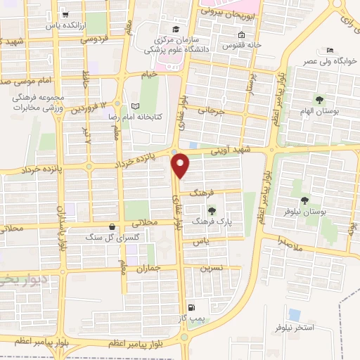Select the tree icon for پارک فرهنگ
(210, 209)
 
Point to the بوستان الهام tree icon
(319, 99)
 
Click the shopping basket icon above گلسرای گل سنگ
(112, 226)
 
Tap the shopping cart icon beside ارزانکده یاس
(65, 14)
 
